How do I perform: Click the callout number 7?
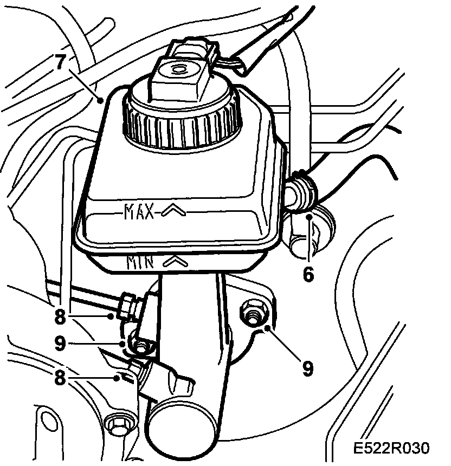[61, 61]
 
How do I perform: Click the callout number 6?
[307, 274]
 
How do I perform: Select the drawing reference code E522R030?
[390, 449]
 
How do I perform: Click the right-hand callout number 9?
[307, 369]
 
